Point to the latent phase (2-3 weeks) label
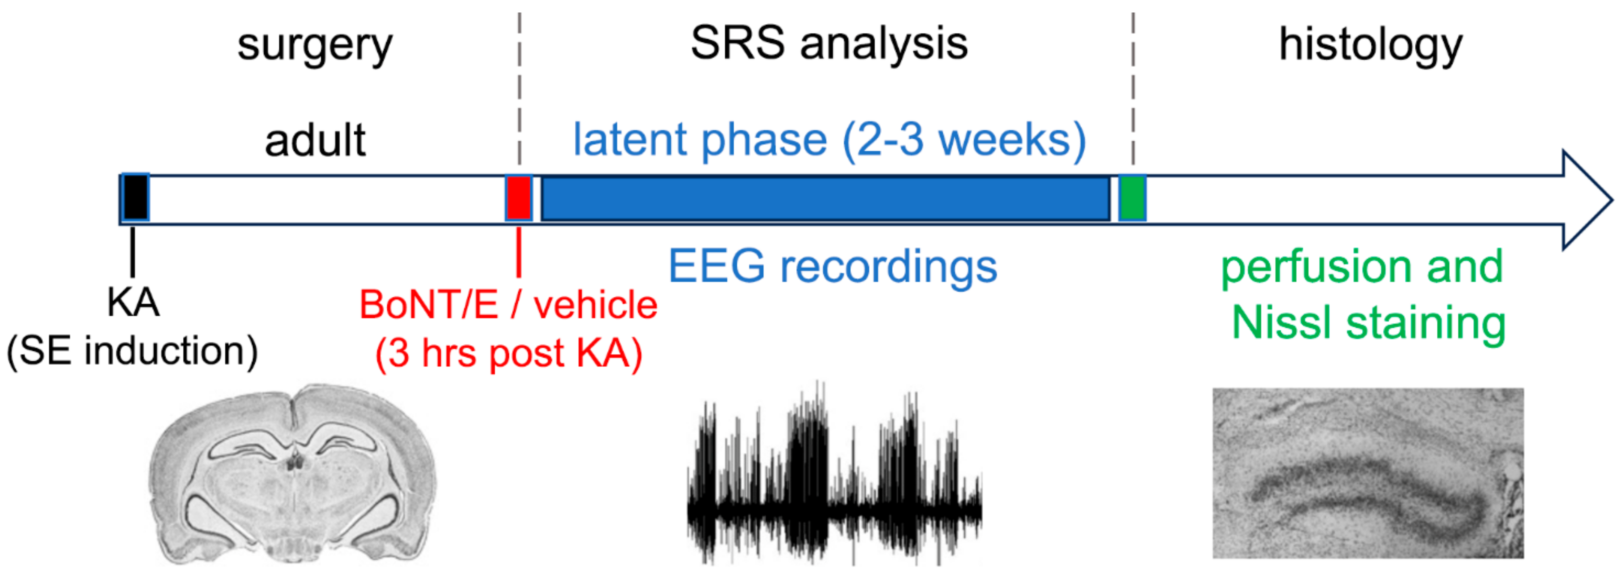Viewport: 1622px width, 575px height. pyautogui.click(x=829, y=140)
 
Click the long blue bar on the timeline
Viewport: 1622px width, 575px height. pyautogui.click(x=825, y=198)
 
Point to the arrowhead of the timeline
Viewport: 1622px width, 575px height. pyautogui.click(x=1587, y=200)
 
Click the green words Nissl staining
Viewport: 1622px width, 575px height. pyautogui.click(x=1369, y=323)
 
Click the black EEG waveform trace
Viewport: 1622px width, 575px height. pyautogui.click(x=834, y=473)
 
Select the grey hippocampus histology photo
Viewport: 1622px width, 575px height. pyautogui.click(x=1368, y=473)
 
